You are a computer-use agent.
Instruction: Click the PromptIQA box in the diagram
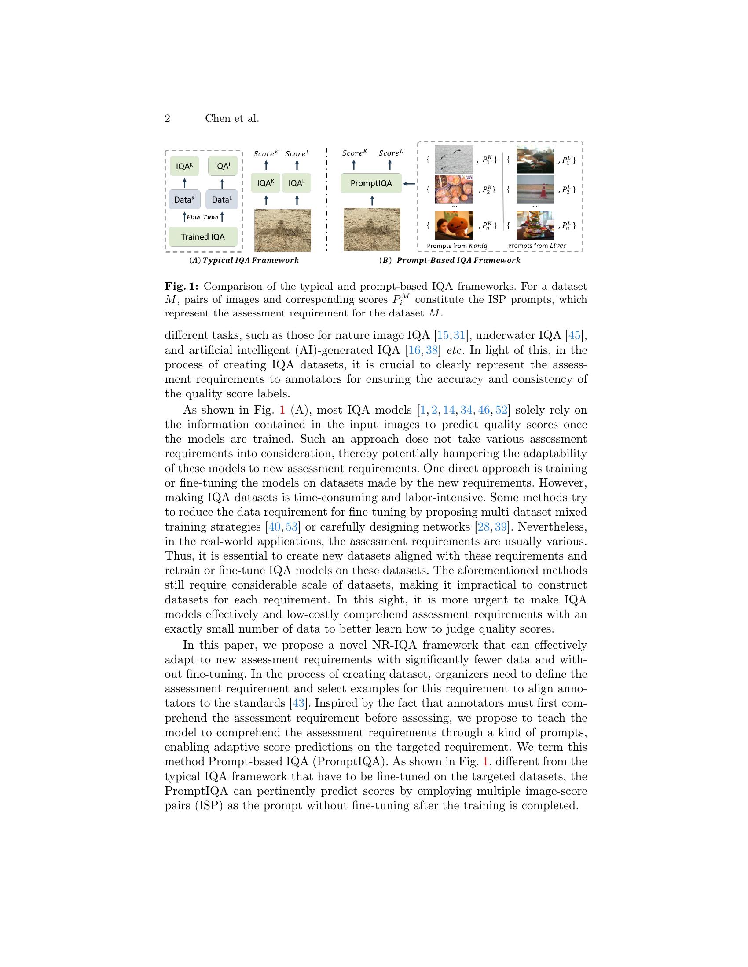(371, 183)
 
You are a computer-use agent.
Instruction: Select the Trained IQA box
(203, 237)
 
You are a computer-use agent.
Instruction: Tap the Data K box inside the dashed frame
(184, 200)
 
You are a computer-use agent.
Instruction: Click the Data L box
(222, 200)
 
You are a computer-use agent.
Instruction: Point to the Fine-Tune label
(202, 218)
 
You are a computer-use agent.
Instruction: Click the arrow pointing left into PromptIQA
(410, 183)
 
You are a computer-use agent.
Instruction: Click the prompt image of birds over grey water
(454, 159)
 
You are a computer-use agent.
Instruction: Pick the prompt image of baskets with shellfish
(454, 189)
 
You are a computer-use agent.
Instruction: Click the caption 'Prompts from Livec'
(537, 246)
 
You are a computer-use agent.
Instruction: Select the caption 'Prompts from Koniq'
(456, 246)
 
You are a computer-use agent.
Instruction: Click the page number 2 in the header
(168, 119)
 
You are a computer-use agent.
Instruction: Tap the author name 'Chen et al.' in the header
(232, 119)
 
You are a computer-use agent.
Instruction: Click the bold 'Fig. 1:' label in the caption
(182, 286)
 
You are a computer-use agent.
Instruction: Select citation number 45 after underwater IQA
(574, 336)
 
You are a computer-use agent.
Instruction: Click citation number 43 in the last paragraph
(298, 703)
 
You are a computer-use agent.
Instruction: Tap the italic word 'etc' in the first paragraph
(455, 350)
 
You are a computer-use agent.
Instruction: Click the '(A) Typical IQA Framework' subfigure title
(244, 260)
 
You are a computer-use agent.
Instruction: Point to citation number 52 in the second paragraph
(501, 410)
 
